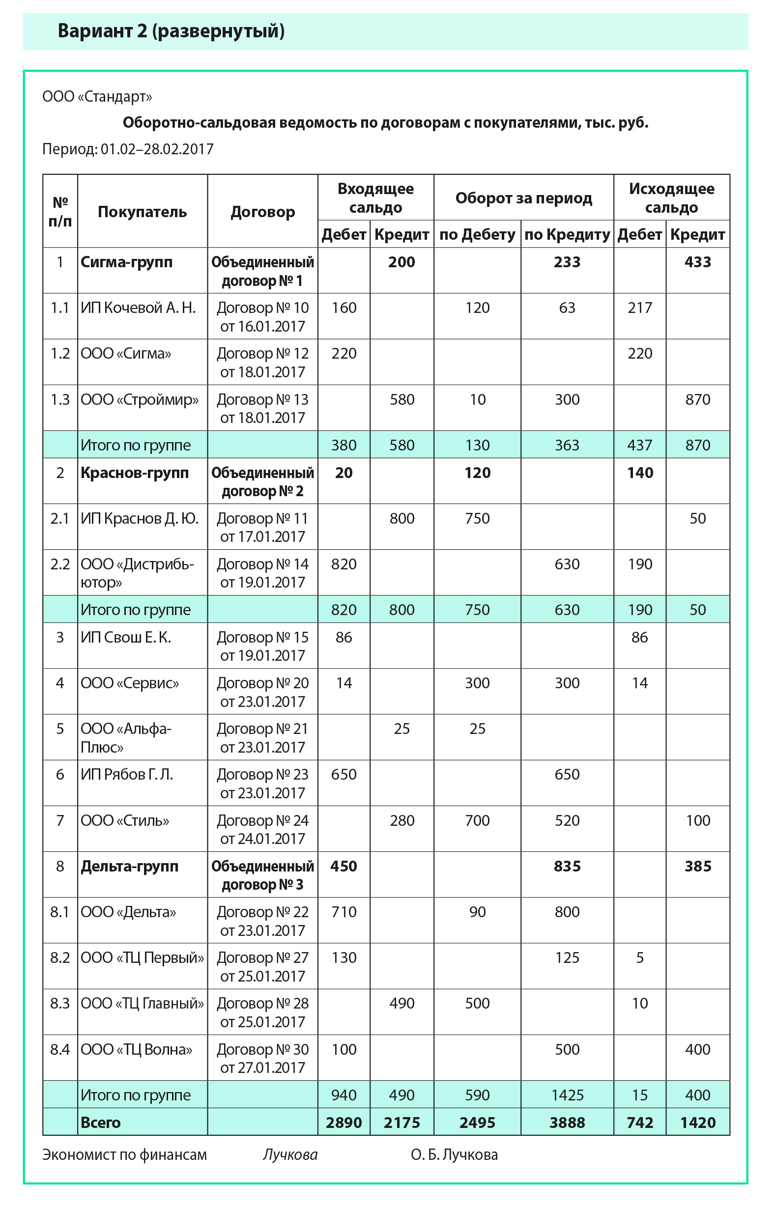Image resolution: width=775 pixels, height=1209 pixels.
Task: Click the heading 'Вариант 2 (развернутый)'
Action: pyautogui.click(x=171, y=31)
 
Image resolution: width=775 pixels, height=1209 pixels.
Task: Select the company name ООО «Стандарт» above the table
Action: pyautogui.click(x=97, y=97)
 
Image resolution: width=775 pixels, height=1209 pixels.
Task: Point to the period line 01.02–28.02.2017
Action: pyautogui.click(x=128, y=149)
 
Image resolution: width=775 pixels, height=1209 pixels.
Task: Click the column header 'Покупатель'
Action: pyautogui.click(x=142, y=212)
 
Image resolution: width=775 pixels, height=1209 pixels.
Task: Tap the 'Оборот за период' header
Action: pyautogui.click(x=523, y=198)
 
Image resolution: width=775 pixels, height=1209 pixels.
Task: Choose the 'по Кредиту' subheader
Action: pyautogui.click(x=567, y=234)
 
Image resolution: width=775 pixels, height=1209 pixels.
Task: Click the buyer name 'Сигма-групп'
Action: pyautogui.click(x=126, y=262)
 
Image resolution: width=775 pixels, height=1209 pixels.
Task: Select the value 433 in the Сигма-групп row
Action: pyautogui.click(x=697, y=262)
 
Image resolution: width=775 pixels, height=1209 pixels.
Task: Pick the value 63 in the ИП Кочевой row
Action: pyautogui.click(x=567, y=308)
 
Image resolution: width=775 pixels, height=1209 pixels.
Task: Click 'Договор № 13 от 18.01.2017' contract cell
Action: pyautogui.click(x=263, y=408)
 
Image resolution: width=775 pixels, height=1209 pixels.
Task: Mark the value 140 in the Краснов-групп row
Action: pyautogui.click(x=640, y=473)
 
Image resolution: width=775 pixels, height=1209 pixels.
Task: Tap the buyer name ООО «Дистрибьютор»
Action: pyautogui.click(x=137, y=573)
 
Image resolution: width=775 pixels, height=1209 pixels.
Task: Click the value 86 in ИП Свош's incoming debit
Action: pyautogui.click(x=344, y=637)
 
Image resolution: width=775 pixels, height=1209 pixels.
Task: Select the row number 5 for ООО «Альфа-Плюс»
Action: pyautogui.click(x=60, y=729)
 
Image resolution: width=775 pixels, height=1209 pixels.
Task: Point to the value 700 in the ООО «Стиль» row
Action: pyautogui.click(x=477, y=820)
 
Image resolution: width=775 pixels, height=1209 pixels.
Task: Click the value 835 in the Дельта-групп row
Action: pyautogui.click(x=567, y=866)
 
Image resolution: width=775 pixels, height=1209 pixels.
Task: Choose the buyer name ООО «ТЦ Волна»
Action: pyautogui.click(x=137, y=1049)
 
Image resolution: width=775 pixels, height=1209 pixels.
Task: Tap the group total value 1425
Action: pyautogui.click(x=567, y=1095)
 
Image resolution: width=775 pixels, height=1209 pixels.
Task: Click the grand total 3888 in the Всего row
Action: pyautogui.click(x=567, y=1123)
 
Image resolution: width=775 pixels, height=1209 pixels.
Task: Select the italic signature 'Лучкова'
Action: pyautogui.click(x=290, y=1154)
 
